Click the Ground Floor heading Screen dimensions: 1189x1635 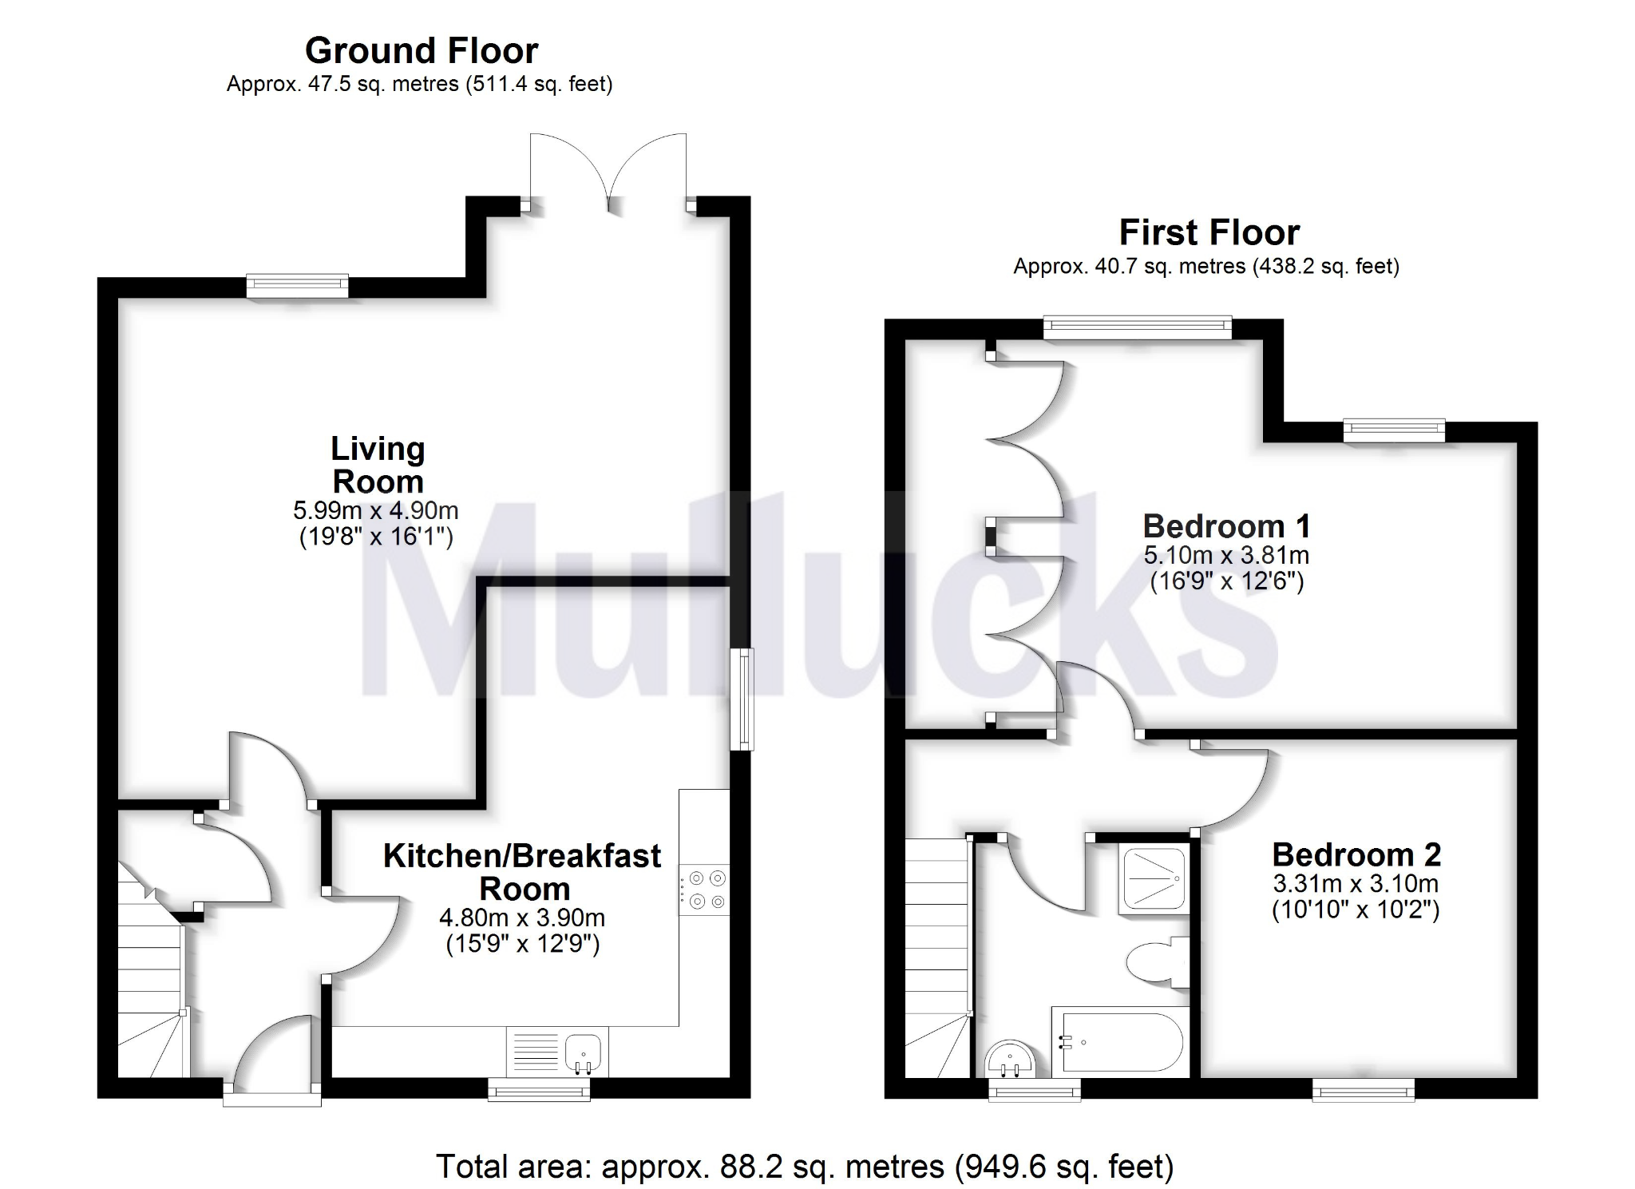click(422, 51)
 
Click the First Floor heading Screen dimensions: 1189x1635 click(1209, 233)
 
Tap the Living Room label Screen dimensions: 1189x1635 click(378, 465)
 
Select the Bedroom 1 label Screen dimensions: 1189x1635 click(1226, 527)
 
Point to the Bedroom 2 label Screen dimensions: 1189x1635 click(1356, 855)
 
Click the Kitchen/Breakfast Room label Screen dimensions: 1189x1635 click(522, 872)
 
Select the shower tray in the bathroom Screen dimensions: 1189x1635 click(1153, 878)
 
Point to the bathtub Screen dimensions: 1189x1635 click(1120, 1041)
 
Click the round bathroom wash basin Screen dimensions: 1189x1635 click(1010, 1059)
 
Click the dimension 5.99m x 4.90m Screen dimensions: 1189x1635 click(376, 510)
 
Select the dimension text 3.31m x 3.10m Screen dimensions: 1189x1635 click(1356, 884)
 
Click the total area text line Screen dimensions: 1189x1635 click(805, 1167)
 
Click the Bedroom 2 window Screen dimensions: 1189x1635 click(1364, 1089)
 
